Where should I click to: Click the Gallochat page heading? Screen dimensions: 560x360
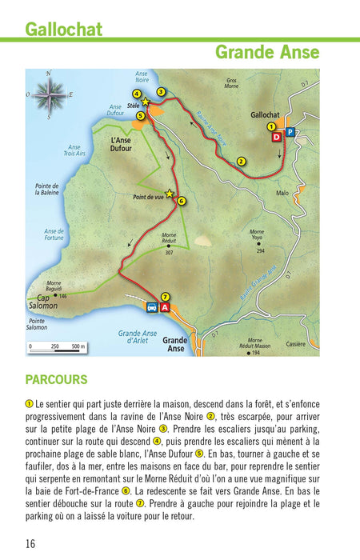[63, 30]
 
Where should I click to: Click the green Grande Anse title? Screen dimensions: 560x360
[267, 53]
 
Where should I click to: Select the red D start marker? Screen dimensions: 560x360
[276, 138]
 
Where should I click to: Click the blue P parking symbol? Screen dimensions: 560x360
[290, 131]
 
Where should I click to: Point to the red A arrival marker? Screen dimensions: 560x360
[165, 307]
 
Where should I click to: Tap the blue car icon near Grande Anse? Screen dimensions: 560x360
[151, 307]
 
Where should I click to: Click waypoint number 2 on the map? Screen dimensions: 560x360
[241, 162]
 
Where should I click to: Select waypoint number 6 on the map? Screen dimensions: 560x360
[182, 201]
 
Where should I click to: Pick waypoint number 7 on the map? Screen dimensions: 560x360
[165, 295]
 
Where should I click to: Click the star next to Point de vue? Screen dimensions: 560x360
[169, 193]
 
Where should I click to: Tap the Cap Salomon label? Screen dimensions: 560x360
[43, 301]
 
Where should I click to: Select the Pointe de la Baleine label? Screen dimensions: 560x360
[48, 190]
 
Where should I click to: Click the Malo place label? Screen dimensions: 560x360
[282, 193]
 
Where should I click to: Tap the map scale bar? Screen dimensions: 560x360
[57, 347]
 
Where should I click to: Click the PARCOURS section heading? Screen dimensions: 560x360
[56, 380]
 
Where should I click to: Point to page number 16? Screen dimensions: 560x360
[30, 544]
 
